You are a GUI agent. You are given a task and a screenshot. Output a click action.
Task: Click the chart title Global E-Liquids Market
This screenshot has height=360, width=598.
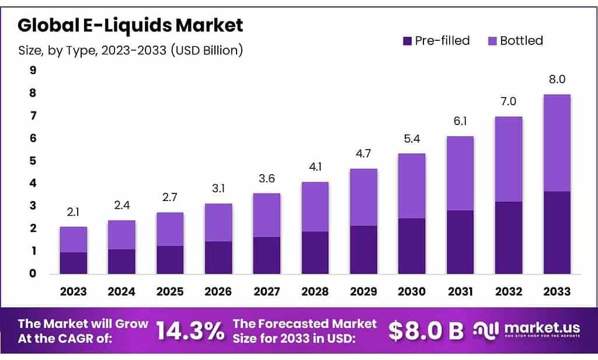tap(130, 25)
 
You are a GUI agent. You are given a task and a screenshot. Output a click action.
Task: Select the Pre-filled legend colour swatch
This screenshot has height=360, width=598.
tap(407, 41)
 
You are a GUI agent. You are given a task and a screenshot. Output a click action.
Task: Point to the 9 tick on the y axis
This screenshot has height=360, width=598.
tap(33, 71)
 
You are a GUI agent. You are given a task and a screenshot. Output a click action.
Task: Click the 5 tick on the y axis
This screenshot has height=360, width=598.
tap(33, 161)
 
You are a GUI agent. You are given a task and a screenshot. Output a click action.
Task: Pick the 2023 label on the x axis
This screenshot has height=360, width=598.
tap(73, 291)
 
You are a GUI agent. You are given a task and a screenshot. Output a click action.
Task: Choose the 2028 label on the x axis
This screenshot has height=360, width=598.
tap(315, 291)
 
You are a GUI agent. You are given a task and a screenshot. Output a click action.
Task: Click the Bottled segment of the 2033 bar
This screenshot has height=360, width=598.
tap(557, 143)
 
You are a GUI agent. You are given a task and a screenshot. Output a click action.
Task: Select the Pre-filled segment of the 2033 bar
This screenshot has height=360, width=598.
tap(557, 232)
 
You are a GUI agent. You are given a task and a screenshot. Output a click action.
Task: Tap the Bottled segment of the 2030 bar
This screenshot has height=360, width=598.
tap(412, 186)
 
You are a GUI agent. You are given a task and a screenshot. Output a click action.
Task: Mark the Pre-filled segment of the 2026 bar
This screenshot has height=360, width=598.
tap(218, 257)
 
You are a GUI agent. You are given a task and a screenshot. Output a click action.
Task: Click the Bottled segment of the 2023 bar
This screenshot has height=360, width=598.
tap(73, 240)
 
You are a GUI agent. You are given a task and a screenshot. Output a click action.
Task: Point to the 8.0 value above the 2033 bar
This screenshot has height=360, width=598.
tap(557, 79)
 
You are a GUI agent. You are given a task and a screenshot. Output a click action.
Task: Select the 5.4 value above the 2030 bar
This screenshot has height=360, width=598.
tap(412, 139)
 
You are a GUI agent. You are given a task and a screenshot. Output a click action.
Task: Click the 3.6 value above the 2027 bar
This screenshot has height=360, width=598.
tap(266, 179)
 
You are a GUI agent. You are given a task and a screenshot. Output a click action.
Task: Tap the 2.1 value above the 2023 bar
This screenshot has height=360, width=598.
tap(73, 213)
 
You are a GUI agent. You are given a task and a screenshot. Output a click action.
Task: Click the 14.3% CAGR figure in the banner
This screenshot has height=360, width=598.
tap(190, 331)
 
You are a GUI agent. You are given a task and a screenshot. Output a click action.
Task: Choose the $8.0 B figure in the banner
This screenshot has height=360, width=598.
tap(426, 331)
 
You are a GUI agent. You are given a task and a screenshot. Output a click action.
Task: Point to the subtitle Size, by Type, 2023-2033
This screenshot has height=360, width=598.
tap(130, 50)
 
